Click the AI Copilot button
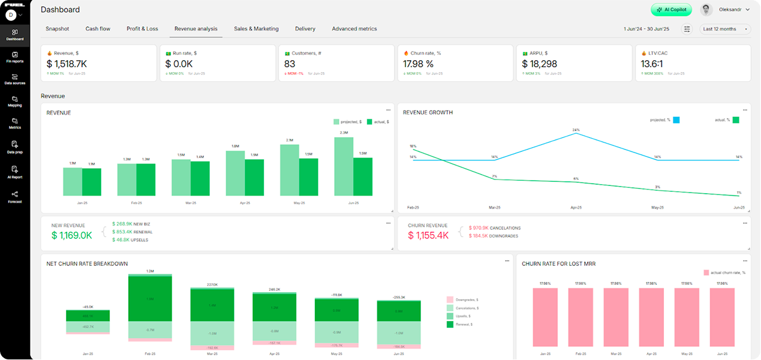[x=672, y=10]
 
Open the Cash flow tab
[x=98, y=29]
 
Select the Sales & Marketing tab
[x=256, y=29]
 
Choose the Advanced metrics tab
[x=354, y=29]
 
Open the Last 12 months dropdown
[x=725, y=29]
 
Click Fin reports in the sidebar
[x=15, y=57]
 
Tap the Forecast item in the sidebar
[x=15, y=197]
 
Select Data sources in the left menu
[x=15, y=79]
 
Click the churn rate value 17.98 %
[x=418, y=64]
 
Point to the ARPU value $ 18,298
[x=539, y=64]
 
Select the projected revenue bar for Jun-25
[x=344, y=167]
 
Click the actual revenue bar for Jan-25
[x=92, y=182]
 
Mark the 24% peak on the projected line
[x=576, y=133]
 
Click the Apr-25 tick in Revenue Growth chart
[x=576, y=207]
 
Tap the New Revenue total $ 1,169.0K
[x=72, y=235]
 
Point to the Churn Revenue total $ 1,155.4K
[x=428, y=235]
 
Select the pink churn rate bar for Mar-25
[x=616, y=317]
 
